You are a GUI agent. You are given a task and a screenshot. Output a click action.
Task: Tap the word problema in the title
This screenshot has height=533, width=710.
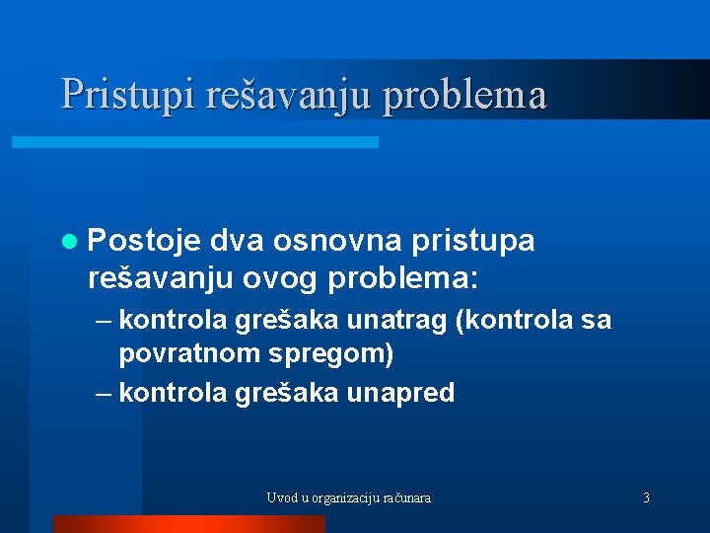coord(464,95)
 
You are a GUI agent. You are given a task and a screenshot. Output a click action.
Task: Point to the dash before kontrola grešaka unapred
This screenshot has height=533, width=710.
coord(105,393)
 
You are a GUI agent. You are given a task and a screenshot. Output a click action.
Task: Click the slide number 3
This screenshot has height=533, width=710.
coord(646,497)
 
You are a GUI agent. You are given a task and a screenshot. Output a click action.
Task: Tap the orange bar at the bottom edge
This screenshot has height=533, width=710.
coord(188,524)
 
